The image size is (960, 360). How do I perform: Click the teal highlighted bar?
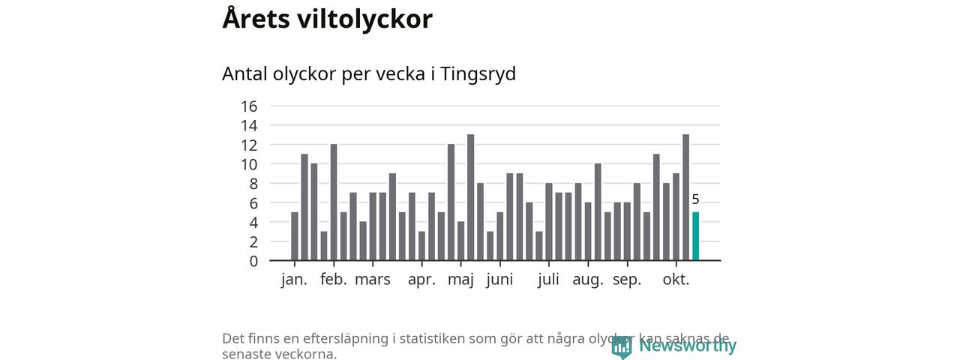(695, 236)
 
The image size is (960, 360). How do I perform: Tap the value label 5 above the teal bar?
(695, 199)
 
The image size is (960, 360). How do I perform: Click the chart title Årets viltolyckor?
(327, 19)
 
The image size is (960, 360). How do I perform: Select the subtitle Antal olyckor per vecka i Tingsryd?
(369, 74)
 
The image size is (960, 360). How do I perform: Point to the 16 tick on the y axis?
(249, 106)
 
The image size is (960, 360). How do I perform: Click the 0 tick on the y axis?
(253, 261)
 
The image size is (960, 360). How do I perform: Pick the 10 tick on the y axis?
(249, 164)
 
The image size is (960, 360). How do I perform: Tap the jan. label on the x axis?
(294, 280)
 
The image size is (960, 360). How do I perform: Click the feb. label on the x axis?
(334, 280)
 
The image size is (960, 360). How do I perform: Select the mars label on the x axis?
(373, 280)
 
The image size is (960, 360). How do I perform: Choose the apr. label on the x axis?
(421, 280)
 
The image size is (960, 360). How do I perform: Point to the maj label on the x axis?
(460, 280)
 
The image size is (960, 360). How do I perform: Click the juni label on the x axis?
(499, 280)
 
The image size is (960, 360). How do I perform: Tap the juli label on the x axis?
(549, 280)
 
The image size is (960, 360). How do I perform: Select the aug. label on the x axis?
(588, 280)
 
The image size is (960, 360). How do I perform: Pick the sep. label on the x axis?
(627, 280)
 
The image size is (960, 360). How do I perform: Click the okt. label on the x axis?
(676, 280)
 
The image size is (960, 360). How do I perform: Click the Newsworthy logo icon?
(622, 346)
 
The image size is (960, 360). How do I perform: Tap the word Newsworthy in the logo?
(688, 346)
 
